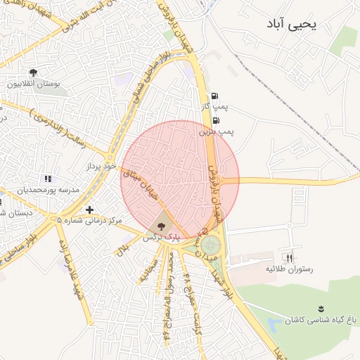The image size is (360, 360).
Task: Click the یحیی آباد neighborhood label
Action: point(292,24)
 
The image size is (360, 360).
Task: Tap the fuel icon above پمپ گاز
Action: point(214,96)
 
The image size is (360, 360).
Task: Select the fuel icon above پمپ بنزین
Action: point(214,120)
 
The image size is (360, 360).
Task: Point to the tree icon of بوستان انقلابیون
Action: point(33,72)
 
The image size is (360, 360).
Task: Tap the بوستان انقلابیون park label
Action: point(33,84)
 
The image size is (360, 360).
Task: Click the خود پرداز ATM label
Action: point(100,167)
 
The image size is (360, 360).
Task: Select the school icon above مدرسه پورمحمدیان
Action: point(47,179)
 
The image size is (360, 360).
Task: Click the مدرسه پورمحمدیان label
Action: point(50,191)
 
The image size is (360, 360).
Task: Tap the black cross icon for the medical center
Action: point(89,210)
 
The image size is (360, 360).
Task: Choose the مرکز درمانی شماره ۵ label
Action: point(89,221)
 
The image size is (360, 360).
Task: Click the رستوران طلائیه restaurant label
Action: point(289,269)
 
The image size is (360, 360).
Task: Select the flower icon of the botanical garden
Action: point(321,309)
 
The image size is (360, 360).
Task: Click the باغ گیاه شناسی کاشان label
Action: point(321,320)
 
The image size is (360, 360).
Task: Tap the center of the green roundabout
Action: point(210,246)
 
